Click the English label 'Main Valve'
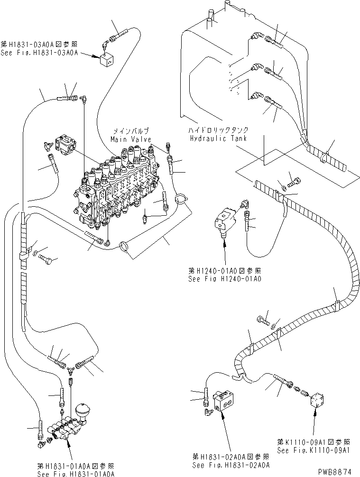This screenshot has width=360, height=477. [x=131, y=139]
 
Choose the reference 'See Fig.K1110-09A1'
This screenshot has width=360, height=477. [x=314, y=450]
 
